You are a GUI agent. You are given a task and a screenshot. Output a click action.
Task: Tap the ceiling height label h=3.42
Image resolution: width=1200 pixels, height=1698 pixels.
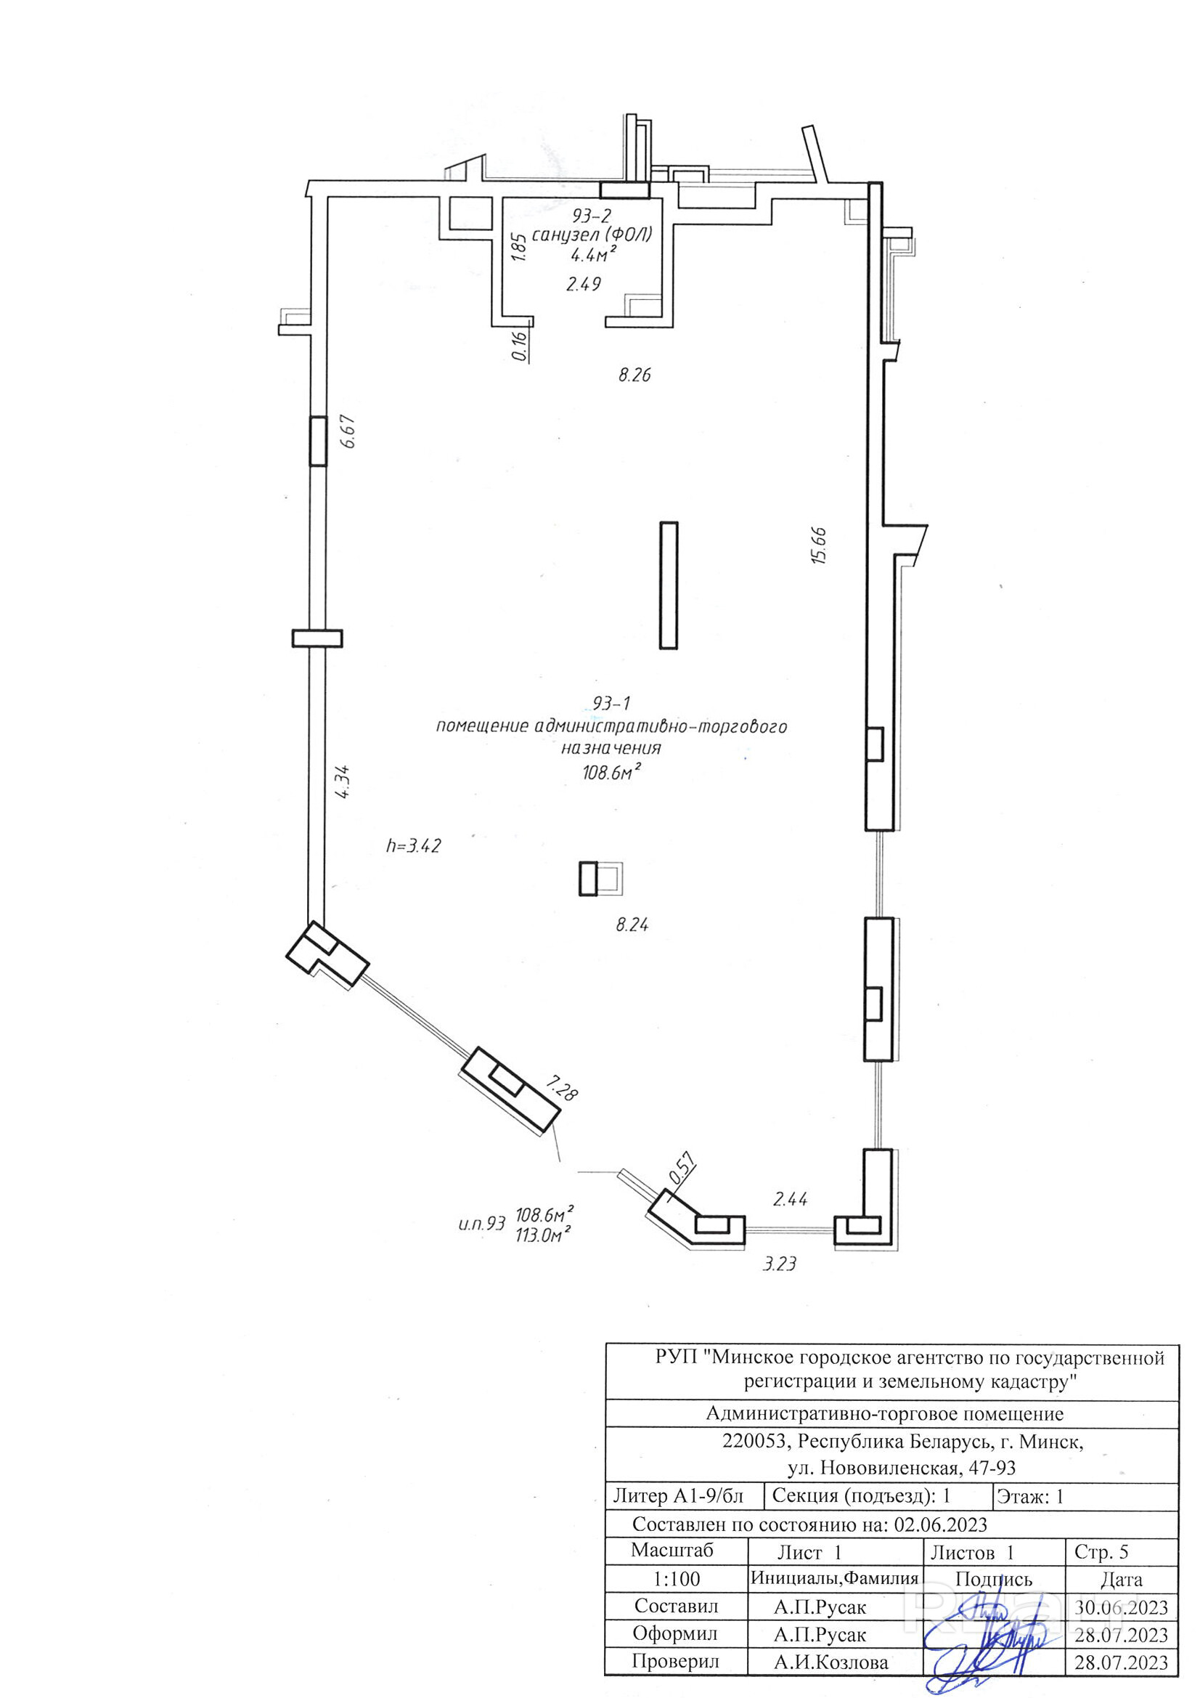click(413, 845)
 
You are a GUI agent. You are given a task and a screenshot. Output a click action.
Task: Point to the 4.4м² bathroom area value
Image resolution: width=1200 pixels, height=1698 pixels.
click(593, 255)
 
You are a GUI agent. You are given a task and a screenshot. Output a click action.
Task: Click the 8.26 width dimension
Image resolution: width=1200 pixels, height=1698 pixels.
click(634, 375)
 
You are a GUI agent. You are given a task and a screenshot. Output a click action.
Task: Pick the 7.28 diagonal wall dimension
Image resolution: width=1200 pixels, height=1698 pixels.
click(562, 1089)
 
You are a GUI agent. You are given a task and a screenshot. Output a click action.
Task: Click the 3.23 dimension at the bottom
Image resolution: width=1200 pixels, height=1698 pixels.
click(779, 1264)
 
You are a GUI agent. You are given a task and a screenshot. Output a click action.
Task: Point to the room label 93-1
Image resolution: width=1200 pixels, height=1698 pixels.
click(611, 702)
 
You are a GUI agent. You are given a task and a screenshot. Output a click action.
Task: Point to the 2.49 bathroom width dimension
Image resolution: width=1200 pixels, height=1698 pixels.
click(584, 283)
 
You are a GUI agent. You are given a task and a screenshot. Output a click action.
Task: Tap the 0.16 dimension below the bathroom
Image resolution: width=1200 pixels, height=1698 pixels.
click(519, 346)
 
